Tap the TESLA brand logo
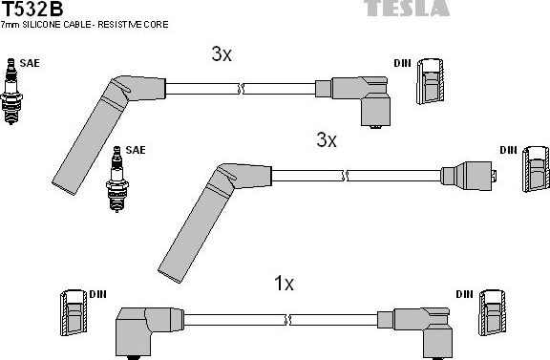[x=407, y=8]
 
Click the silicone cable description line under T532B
[x=86, y=24]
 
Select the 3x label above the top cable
[x=222, y=54]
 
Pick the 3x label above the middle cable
[x=327, y=140]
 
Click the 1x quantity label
[x=284, y=284]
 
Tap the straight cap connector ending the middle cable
[x=472, y=177]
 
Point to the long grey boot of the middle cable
[x=191, y=219]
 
